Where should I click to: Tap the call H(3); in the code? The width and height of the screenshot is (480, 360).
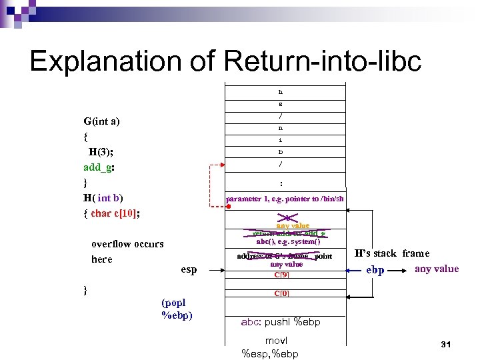100,151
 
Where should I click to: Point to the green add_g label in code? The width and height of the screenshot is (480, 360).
99,167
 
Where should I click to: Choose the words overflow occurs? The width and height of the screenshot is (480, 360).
127,244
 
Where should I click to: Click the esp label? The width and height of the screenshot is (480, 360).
189,269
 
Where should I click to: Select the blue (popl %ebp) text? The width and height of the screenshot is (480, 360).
177,309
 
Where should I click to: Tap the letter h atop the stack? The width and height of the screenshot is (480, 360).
281,92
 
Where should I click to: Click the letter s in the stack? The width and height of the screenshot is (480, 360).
281,104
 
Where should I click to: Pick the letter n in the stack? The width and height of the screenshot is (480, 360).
281,128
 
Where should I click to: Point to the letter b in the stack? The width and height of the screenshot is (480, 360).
281,152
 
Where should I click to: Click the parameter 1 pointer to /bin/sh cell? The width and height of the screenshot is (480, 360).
285,199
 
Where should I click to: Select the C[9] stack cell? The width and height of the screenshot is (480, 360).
285,274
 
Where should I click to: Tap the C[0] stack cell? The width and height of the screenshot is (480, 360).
285,293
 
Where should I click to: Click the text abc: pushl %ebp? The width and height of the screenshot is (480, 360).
281,322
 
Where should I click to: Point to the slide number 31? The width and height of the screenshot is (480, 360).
447,344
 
